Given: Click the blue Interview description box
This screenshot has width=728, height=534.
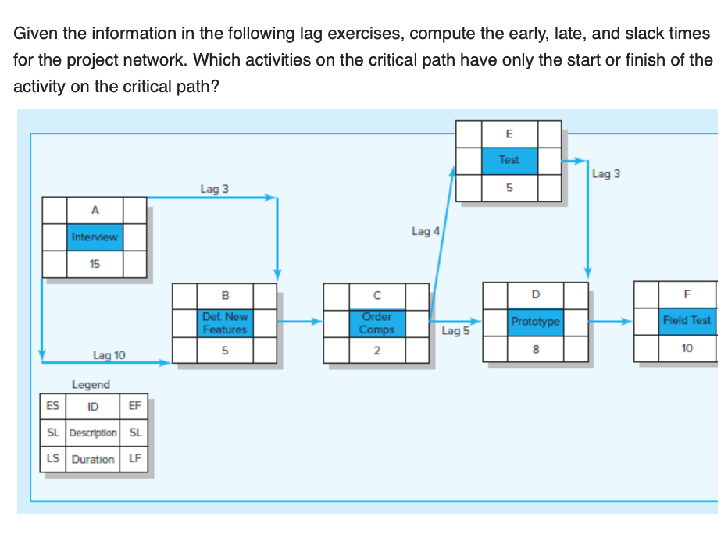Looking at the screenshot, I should (94, 237).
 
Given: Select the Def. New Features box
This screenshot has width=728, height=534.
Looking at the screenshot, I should (225, 322).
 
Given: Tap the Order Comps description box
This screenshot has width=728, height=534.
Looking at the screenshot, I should (376, 322).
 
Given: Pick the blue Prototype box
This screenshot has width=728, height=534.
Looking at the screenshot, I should (535, 322).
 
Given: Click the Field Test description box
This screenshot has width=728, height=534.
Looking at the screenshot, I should (687, 320).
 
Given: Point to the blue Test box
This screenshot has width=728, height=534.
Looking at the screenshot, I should (509, 160).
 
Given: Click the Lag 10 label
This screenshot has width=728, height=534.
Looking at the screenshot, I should (109, 355).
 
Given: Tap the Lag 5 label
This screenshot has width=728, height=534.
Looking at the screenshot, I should (455, 331).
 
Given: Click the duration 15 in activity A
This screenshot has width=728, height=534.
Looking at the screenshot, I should (94, 264).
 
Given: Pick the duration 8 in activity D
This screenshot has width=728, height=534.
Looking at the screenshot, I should (535, 349).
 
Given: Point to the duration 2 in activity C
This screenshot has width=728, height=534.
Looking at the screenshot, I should (376, 350).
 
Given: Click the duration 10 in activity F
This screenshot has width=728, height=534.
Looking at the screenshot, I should (687, 348).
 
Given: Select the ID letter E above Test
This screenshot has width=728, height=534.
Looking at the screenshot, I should (509, 133).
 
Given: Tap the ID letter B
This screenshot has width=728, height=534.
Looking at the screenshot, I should (225, 295).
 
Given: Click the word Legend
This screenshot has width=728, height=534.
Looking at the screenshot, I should (91, 384).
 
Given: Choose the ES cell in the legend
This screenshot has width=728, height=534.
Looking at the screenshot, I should (52, 405).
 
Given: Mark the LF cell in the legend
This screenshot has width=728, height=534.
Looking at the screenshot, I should (134, 459).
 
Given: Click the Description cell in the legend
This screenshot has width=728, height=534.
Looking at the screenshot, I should (93, 433).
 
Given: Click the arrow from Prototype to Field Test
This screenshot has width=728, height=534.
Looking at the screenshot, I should (609, 321).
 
